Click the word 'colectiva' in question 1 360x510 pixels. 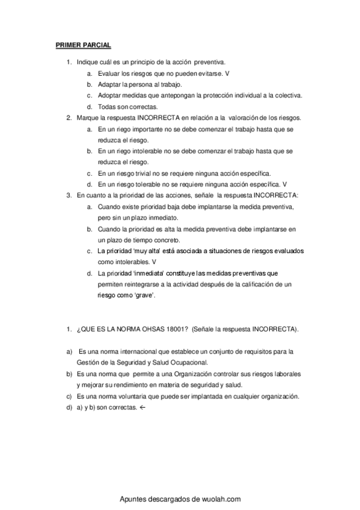(x=286, y=95)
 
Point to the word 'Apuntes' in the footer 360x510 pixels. (x=134, y=499)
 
